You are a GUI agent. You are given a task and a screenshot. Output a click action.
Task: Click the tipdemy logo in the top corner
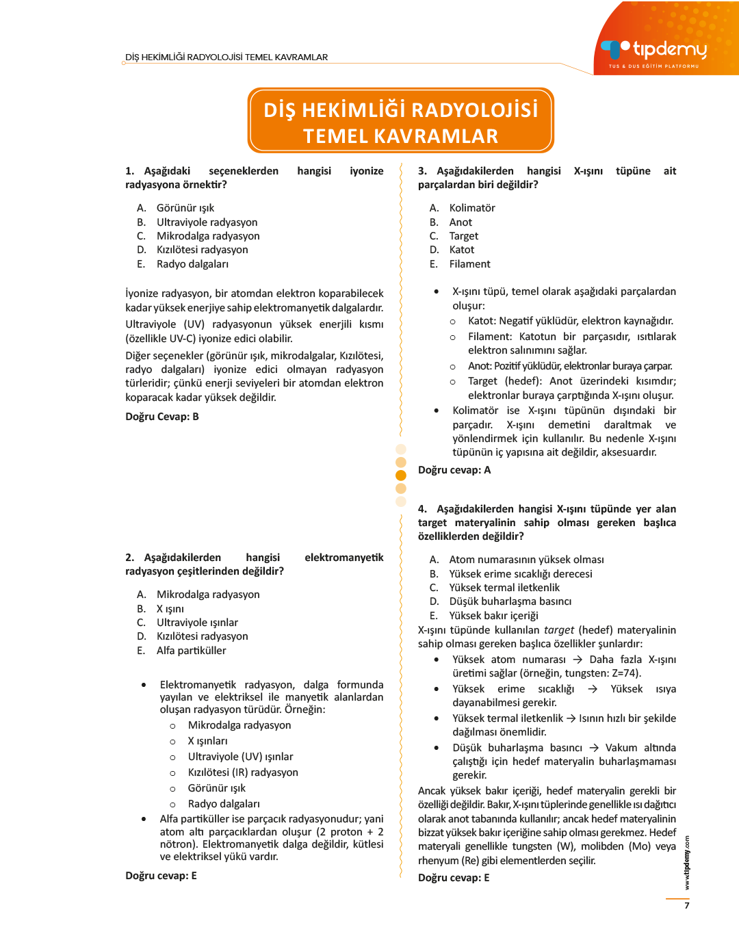[654, 51]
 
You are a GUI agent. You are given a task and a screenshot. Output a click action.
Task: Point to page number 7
[687, 905]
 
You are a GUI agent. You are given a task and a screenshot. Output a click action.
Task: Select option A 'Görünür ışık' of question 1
[185, 208]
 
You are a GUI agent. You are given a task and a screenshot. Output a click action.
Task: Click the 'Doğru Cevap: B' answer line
[162, 417]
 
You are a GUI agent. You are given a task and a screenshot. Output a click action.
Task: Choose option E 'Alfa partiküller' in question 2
[191, 651]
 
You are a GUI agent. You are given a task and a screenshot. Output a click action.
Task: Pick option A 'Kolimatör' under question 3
[471, 208]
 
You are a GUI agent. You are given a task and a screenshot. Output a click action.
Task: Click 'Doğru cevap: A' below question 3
[454, 470]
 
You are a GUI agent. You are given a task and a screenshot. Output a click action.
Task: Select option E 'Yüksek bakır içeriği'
[493, 616]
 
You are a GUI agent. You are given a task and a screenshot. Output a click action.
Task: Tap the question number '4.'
[423, 509]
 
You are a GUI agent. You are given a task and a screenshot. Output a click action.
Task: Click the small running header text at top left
[226, 57]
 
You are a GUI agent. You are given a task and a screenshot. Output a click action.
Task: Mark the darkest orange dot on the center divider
[401, 475]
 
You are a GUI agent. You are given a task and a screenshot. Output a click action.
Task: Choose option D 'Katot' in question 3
[461, 250]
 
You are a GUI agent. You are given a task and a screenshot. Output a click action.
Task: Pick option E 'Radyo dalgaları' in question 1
[192, 264]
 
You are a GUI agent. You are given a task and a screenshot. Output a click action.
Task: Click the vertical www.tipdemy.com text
[687, 862]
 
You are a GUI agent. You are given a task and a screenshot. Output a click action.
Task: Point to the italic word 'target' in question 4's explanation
[558, 630]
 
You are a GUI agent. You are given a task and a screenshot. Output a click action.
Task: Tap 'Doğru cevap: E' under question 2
[161, 876]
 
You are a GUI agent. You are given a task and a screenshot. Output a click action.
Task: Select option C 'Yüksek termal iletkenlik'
[504, 588]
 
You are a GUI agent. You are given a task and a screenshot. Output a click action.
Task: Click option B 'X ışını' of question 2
[170, 609]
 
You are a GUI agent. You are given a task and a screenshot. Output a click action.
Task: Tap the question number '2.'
[130, 558]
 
